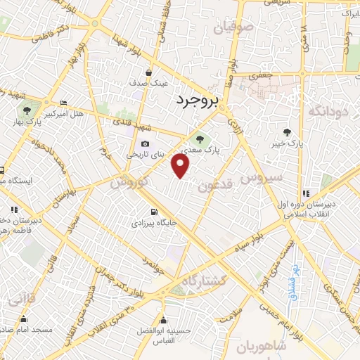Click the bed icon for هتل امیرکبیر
point(64,103)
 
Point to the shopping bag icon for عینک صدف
point(148,72)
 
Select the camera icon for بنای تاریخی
point(146,144)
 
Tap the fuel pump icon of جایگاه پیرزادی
point(152,212)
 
